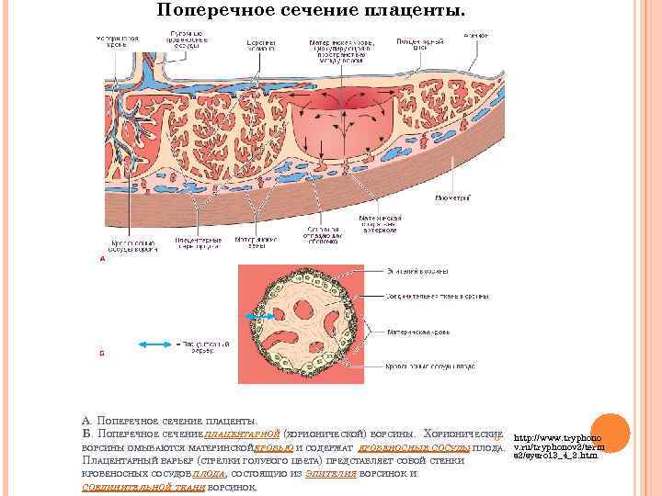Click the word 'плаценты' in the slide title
410,10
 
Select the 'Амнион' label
476,36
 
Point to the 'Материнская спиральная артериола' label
377,224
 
